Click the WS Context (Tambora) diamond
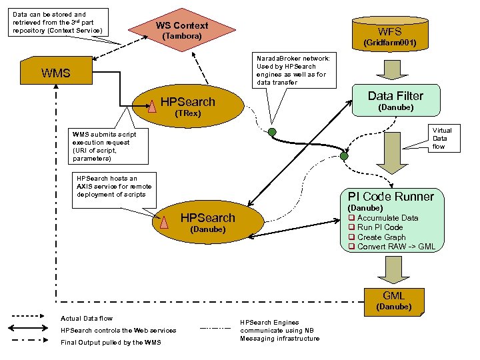click(181, 30)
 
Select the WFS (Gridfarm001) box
click(389, 36)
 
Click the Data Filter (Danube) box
click(395, 101)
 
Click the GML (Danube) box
click(393, 301)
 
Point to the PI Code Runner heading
click(391, 196)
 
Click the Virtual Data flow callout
click(441, 139)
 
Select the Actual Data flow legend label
click(87, 318)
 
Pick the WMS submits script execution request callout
click(103, 146)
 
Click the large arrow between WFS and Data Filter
click(389, 69)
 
